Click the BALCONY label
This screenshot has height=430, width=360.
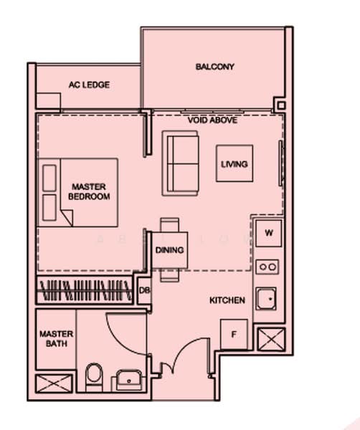tap(215, 67)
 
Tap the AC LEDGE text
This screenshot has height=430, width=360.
tap(90, 85)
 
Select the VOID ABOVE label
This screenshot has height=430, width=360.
tap(213, 120)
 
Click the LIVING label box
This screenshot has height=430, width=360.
tap(235, 164)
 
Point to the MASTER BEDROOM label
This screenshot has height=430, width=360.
tap(90, 191)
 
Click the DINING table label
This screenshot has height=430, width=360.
tap(170, 250)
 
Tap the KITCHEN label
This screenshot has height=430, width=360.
tap(227, 300)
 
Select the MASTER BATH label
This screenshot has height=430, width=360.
tap(54, 338)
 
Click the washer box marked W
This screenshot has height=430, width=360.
tap(267, 233)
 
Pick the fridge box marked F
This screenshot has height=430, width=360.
tap(233, 335)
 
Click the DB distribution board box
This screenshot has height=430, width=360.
tap(144, 291)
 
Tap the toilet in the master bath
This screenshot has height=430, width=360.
tap(93, 375)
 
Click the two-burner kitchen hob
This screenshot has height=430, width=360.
tap(268, 267)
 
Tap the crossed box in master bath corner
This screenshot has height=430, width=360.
tap(55, 383)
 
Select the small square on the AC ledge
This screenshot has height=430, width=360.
tap(48, 102)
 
